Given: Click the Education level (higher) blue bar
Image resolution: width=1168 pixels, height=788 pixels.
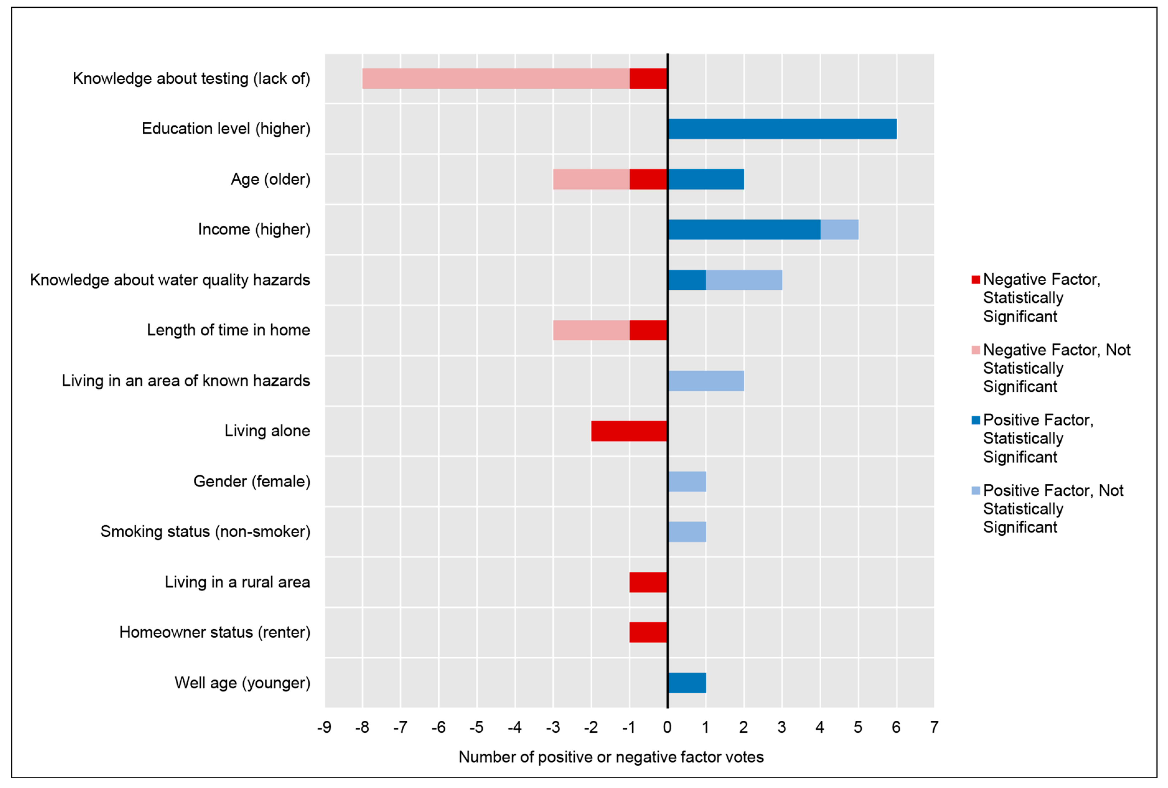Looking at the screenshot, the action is tap(782, 129).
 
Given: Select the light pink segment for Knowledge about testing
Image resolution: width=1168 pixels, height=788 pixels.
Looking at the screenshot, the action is tap(496, 78).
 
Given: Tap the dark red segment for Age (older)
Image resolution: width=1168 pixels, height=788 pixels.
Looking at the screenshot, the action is tap(648, 179).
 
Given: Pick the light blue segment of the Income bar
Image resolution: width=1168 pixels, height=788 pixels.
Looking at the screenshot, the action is tap(839, 230).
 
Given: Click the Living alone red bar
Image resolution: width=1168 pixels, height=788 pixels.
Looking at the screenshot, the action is tap(629, 431).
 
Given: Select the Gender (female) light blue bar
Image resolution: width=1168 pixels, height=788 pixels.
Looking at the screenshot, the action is tap(687, 481).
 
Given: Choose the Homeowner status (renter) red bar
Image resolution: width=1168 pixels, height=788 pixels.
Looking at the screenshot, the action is tap(648, 632).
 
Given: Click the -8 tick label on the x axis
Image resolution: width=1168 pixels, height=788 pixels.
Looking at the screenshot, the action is tap(362, 727).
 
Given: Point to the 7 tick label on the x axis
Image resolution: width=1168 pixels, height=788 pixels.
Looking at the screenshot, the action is tap(934, 727).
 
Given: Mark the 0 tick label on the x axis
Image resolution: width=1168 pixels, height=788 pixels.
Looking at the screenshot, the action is tap(667, 727).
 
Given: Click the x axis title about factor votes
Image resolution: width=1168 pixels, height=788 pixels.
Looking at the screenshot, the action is tap(611, 757).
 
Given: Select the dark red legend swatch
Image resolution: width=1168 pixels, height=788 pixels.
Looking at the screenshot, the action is tap(976, 279).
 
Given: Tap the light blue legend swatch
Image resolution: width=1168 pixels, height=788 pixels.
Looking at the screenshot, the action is tap(976, 490).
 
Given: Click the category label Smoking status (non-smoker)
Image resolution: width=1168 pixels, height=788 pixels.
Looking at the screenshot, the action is tap(205, 532).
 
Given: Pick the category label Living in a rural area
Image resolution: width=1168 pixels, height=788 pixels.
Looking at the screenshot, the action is tap(237, 582).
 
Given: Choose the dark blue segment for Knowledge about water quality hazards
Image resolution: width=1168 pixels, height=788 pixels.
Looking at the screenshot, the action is tap(687, 280).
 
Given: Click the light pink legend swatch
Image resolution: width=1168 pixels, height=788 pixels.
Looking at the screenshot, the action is tap(976, 350).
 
